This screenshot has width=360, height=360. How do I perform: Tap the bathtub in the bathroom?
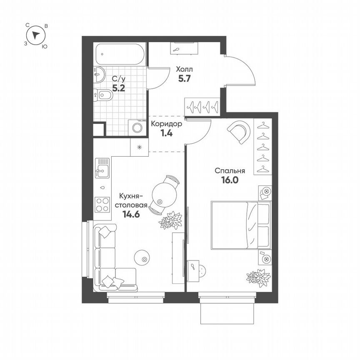(120, 54)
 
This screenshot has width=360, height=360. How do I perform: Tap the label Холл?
(184, 69)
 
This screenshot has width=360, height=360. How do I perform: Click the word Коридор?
(166, 124)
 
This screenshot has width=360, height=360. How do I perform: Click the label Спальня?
(230, 170)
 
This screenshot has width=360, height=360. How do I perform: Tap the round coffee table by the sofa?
(142, 257)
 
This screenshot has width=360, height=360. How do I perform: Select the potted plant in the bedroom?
(258, 277)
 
